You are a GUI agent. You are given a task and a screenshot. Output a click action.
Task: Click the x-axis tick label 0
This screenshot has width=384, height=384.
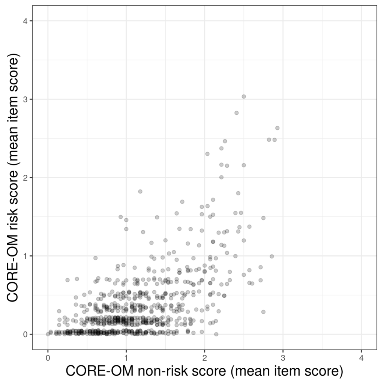48,358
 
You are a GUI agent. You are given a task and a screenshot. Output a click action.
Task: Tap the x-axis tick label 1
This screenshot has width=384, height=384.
126,358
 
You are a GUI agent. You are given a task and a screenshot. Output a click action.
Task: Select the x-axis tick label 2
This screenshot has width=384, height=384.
204,358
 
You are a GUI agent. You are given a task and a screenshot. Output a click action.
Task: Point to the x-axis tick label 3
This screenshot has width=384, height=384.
283,358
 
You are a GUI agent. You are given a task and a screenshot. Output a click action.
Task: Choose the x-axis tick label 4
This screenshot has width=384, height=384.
361,358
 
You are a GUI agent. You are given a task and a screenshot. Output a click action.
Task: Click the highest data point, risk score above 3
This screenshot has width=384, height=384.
244,96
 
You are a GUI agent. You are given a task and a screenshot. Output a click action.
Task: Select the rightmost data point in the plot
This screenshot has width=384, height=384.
277,128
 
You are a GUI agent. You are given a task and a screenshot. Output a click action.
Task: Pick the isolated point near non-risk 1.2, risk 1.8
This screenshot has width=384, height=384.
140,191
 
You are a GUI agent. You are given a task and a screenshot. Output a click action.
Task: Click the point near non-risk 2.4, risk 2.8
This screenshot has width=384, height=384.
237,113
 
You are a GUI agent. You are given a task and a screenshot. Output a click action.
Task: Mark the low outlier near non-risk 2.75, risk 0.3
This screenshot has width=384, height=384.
263,312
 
